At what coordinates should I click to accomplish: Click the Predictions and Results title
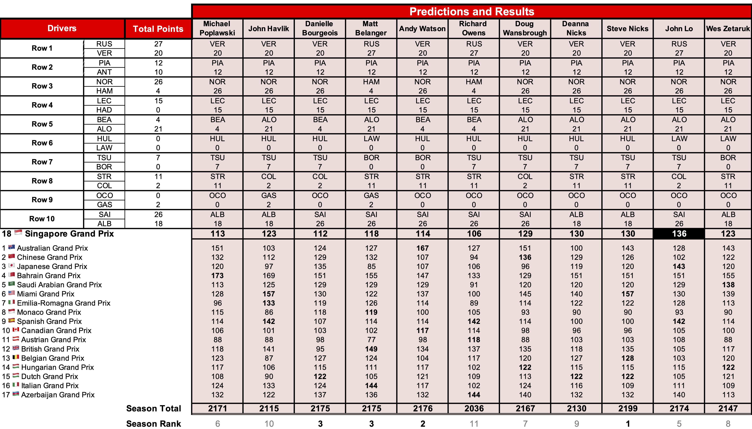[x=472, y=11]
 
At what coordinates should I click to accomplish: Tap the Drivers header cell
[x=62, y=28]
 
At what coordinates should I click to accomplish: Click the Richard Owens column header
[x=473, y=28]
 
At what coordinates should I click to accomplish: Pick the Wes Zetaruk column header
[x=728, y=29]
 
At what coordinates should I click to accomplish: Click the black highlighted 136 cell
[x=679, y=234]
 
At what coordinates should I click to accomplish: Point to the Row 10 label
[x=42, y=219]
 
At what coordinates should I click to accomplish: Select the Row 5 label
[x=42, y=124]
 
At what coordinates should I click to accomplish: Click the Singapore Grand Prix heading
[x=69, y=234]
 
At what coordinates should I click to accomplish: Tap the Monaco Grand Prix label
[x=49, y=312]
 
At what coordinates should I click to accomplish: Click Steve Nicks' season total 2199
[x=628, y=408]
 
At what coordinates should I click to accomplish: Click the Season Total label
[x=153, y=408]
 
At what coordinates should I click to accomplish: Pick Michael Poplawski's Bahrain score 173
[x=217, y=275]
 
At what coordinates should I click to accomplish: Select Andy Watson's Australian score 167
[x=423, y=248]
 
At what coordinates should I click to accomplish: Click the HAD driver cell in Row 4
[x=104, y=110]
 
